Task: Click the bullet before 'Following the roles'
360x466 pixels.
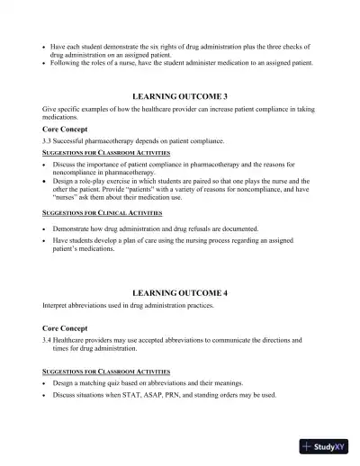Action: click(x=45, y=63)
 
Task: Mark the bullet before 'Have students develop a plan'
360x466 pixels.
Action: click(x=45, y=241)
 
